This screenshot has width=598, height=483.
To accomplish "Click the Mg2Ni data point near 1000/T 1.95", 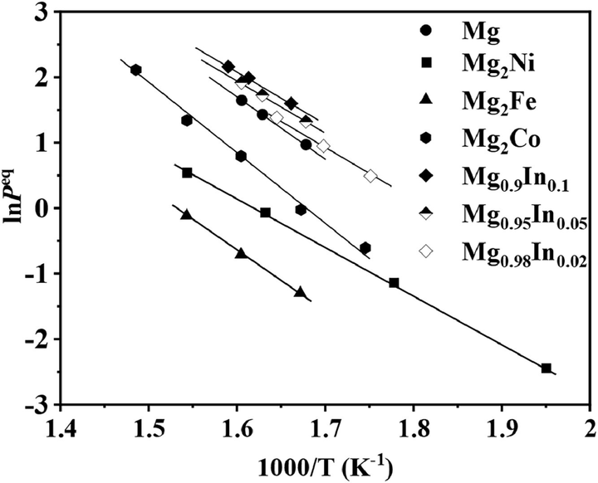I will (x=546, y=368).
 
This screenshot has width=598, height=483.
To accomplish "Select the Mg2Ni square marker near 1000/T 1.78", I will (x=394, y=283).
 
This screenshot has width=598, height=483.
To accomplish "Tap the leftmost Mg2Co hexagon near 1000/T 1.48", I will (x=136, y=70).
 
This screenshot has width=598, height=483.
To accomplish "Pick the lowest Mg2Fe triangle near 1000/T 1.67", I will (x=300, y=292).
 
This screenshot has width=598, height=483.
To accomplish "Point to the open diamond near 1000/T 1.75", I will (x=370, y=176).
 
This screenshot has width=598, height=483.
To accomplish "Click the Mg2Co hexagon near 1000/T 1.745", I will (x=365, y=248).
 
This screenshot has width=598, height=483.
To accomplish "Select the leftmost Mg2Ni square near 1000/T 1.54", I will (x=187, y=173).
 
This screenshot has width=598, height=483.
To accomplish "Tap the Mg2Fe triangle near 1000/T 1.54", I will (x=186, y=215).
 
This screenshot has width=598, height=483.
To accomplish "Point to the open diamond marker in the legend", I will (x=426, y=251).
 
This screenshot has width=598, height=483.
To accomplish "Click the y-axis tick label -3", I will (x=41, y=405).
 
